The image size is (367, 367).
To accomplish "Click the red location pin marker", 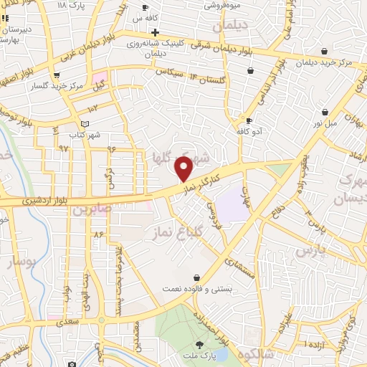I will (x=184, y=168).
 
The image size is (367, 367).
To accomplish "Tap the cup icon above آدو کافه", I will (x=249, y=120).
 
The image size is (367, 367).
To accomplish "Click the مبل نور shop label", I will (x=326, y=123).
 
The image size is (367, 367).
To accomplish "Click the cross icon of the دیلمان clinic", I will (x=155, y=32).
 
